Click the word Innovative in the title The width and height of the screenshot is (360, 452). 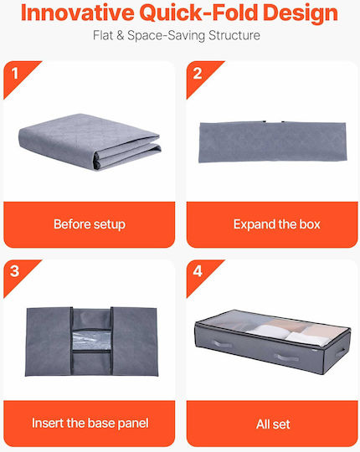[x=78, y=13]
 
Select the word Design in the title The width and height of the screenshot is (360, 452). [x=301, y=13]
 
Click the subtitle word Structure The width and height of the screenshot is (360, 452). [x=234, y=35]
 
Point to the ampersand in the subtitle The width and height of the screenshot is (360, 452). [x=121, y=35]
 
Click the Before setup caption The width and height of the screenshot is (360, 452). [x=90, y=224]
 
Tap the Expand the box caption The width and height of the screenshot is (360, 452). [x=277, y=224]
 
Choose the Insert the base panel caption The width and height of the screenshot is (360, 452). [x=90, y=424]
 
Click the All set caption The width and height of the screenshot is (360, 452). [x=273, y=424]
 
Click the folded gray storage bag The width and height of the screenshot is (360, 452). [x=90, y=142]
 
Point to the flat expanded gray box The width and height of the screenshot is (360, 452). [x=273, y=141]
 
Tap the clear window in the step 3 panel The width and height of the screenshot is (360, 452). [x=91, y=341]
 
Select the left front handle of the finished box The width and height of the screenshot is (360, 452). [x=222, y=344]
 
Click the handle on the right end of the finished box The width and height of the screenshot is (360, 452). [x=340, y=352]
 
